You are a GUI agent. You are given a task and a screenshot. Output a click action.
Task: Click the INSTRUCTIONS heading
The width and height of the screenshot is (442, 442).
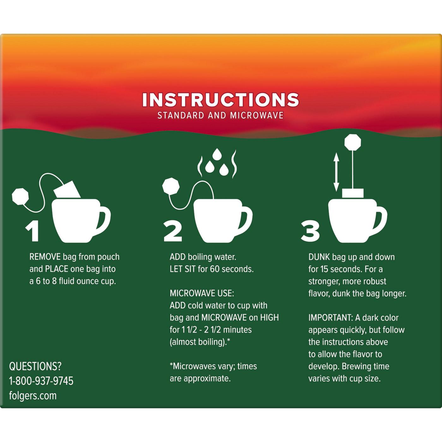click(220, 100)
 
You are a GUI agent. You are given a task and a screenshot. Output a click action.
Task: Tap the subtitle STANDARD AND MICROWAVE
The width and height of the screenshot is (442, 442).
click(220, 115)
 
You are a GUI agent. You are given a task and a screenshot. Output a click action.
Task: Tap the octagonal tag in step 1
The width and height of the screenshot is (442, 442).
click(21, 196)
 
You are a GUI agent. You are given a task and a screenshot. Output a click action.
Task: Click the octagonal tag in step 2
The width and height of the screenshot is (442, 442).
click(171, 186)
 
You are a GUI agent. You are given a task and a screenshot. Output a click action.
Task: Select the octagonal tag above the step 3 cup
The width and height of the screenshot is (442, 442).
click(353, 142)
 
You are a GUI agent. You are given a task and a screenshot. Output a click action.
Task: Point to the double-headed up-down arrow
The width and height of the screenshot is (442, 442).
click(336, 172)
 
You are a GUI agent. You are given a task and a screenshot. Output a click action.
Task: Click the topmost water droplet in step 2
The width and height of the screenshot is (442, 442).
click(217, 154)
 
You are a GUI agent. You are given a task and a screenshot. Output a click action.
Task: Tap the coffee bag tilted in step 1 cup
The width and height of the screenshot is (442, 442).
click(67, 189)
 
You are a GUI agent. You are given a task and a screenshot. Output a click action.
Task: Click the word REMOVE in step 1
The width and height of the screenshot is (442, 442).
click(45, 257)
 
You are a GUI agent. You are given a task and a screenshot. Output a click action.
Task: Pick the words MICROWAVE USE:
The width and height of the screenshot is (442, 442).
click(202, 293)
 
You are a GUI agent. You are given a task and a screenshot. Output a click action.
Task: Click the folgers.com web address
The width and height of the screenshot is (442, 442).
click(33, 396)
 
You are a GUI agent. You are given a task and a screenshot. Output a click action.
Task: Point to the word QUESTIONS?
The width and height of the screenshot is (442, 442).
click(35, 366)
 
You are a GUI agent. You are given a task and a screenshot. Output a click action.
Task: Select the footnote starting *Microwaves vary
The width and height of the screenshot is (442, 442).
click(213, 372)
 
